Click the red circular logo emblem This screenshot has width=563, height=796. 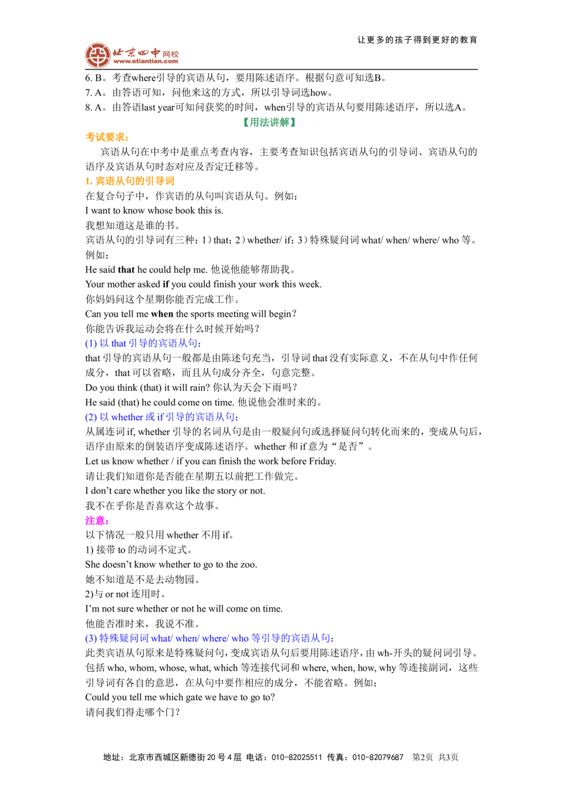[96, 55]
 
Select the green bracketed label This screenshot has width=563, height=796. [270, 123]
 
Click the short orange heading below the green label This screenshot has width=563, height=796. [107, 138]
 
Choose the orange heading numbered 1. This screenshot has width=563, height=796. [131, 182]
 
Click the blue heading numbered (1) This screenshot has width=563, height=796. [143, 344]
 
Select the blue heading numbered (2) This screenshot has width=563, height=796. [161, 417]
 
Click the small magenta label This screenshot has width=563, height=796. [95, 520]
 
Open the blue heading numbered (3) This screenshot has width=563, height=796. [208, 639]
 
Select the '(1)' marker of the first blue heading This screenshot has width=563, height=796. [91, 344]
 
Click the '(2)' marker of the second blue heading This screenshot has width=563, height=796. [91, 417]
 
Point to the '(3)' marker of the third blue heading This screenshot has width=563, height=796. [91, 639]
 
